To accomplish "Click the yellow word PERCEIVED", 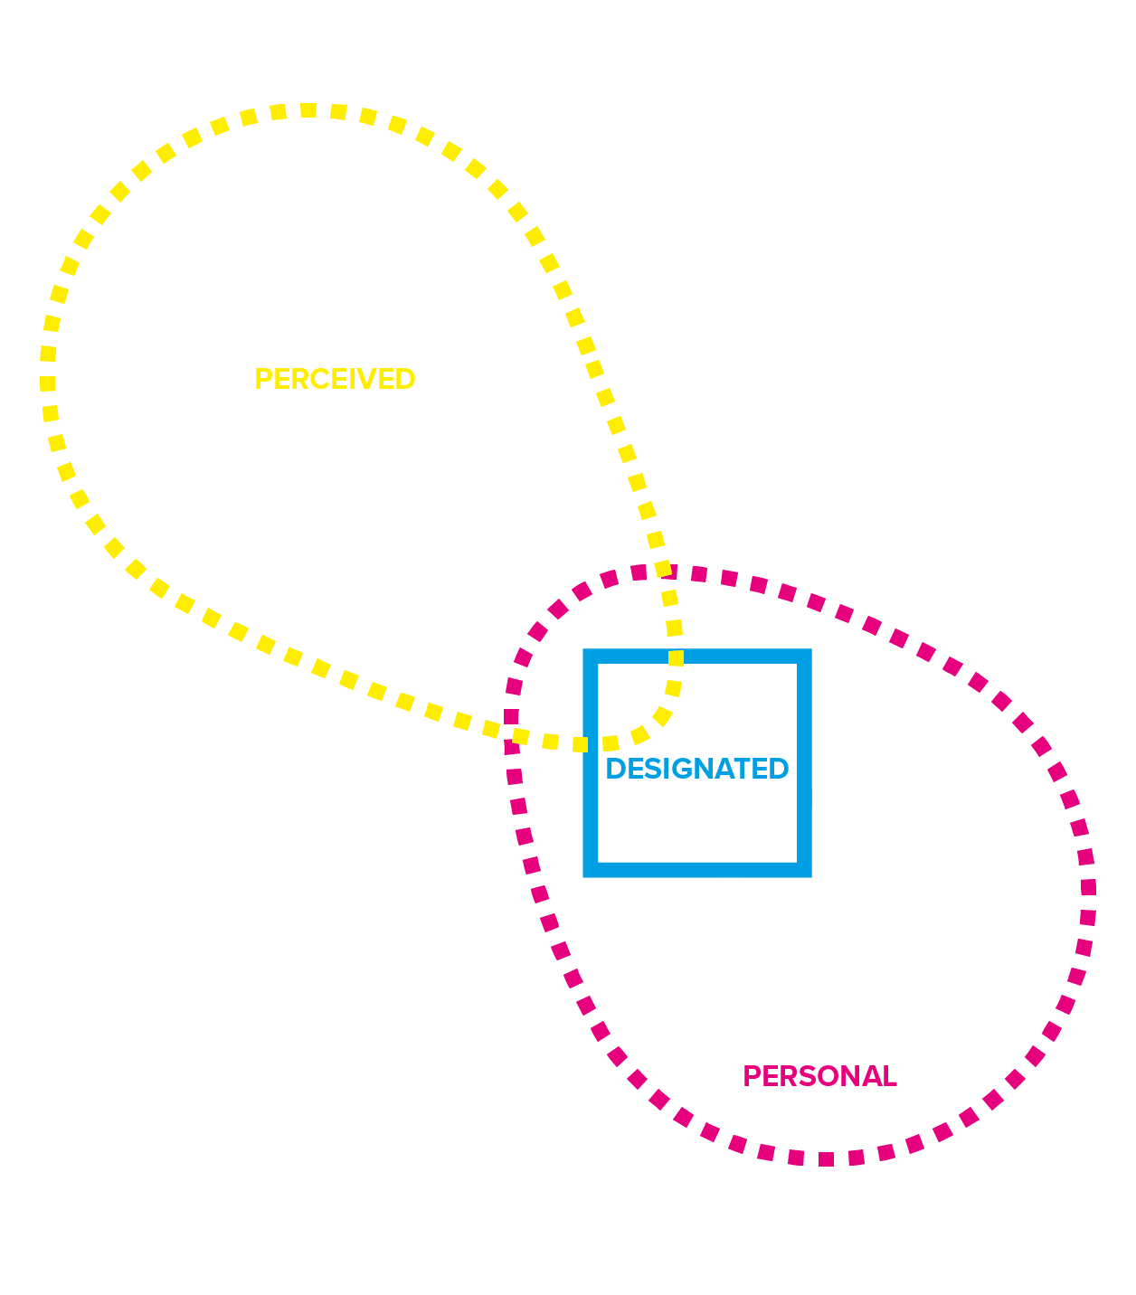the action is (x=335, y=379).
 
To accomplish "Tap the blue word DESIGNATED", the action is (x=696, y=769).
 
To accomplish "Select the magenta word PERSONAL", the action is (x=819, y=1076).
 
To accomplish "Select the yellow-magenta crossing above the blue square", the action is (x=665, y=572).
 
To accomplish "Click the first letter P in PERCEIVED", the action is (x=262, y=379).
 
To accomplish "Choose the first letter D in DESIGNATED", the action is (x=614, y=769).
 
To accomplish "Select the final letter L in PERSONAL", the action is (x=890, y=1076).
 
